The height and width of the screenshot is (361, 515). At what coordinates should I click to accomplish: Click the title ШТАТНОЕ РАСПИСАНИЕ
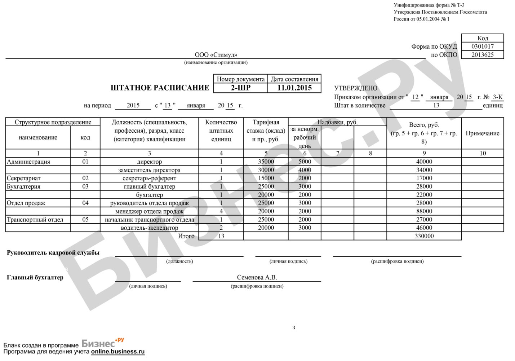(x=160, y=88)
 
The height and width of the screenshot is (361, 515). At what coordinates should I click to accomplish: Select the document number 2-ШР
(x=240, y=88)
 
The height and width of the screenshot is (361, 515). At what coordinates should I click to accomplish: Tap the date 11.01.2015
(x=294, y=88)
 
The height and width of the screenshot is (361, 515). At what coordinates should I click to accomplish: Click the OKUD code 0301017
(x=482, y=47)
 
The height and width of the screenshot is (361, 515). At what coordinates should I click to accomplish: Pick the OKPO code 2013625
(x=482, y=55)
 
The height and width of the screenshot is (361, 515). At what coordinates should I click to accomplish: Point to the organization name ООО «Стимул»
(x=216, y=55)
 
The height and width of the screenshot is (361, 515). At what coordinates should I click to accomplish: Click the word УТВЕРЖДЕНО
(x=356, y=88)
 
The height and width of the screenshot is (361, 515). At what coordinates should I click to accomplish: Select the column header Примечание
(x=482, y=133)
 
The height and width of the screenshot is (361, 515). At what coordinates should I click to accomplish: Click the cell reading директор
(x=149, y=162)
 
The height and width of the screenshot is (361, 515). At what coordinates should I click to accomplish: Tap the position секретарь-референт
(x=149, y=178)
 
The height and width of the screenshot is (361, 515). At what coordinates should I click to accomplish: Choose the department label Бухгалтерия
(x=23, y=186)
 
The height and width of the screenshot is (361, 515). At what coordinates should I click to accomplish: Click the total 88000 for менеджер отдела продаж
(x=424, y=211)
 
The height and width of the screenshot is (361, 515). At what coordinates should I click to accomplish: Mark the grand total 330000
(x=424, y=236)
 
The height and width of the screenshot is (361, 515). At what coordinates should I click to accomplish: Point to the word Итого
(x=186, y=236)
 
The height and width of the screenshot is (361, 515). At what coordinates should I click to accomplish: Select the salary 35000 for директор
(x=266, y=162)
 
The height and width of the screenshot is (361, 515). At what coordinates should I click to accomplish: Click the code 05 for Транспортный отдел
(x=85, y=220)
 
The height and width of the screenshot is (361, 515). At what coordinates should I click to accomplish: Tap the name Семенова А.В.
(x=257, y=277)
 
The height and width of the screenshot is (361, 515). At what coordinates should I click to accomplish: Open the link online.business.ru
(x=117, y=352)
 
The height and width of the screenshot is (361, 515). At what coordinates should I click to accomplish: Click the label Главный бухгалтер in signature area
(x=35, y=277)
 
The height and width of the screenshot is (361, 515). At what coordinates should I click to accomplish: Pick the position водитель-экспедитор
(x=149, y=228)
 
